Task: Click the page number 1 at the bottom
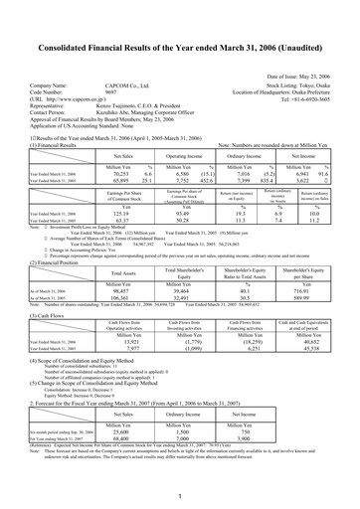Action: click(180, 494)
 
